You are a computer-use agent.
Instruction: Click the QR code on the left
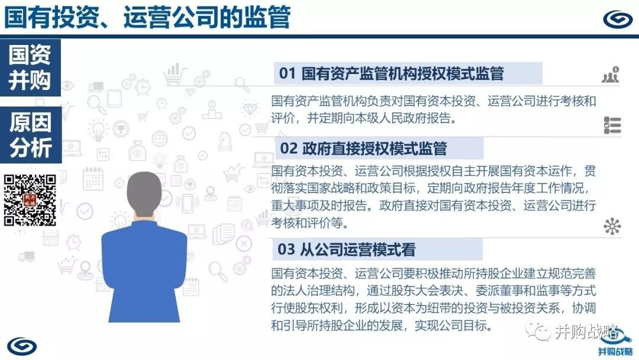[x=30, y=200]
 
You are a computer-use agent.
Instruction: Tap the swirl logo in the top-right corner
[x=617, y=19]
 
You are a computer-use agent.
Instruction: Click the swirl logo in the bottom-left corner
[x=22, y=346]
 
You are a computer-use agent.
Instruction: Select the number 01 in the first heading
[x=287, y=74]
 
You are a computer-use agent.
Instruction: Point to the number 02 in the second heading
[x=289, y=149]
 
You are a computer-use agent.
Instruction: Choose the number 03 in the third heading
[x=286, y=249]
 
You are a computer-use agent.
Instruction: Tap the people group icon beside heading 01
[x=611, y=75]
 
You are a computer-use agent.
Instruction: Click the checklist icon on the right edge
[x=612, y=125]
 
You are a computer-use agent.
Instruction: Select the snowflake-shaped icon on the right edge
[x=612, y=226]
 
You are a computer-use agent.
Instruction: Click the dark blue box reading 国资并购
[x=31, y=67]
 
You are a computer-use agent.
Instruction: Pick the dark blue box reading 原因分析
[x=31, y=135]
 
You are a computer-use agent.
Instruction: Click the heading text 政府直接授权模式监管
[x=375, y=149]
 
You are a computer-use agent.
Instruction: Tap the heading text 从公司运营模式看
[x=357, y=249]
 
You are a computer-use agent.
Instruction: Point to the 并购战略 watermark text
[x=586, y=332]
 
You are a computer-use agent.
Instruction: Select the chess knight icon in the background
[x=225, y=141]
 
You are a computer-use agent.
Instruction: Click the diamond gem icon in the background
[x=250, y=109]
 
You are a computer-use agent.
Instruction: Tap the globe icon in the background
[x=159, y=139]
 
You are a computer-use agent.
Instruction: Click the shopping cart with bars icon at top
[x=175, y=75]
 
